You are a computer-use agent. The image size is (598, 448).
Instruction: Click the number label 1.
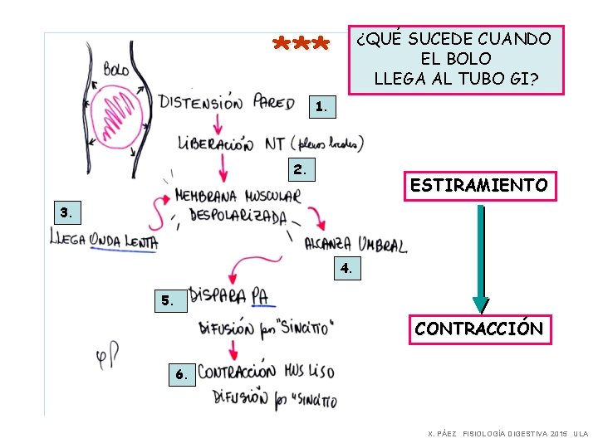(321, 106)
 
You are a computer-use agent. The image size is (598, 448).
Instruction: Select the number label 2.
(300, 169)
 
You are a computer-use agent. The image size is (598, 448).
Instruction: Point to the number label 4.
(346, 268)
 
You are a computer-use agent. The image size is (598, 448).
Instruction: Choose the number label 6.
(182, 374)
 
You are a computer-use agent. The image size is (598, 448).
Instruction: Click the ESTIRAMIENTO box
(479, 185)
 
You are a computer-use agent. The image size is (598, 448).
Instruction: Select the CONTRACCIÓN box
(479, 329)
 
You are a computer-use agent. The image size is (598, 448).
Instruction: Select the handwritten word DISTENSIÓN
(200, 103)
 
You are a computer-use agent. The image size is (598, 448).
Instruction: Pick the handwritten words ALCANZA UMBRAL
(355, 244)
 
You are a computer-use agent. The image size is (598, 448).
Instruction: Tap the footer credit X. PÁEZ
(441, 434)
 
